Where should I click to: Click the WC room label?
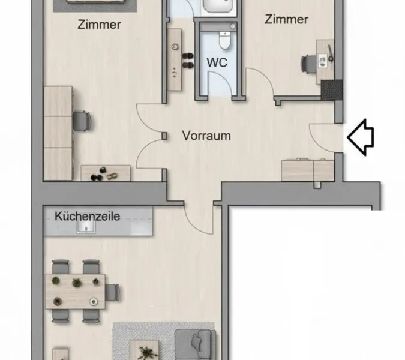click(x=217, y=62)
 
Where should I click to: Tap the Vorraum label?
click(x=206, y=136)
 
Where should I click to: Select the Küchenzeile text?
click(x=88, y=216)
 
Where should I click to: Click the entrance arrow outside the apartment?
click(x=361, y=137)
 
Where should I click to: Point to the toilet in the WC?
click(x=224, y=40)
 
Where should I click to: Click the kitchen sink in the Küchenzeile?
click(x=86, y=227)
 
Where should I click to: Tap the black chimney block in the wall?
click(x=332, y=90)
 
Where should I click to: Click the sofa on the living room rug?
click(x=196, y=345)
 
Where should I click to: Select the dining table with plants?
click(x=75, y=292)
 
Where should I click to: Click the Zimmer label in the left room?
click(x=99, y=25)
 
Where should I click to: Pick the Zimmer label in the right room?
click(x=286, y=20)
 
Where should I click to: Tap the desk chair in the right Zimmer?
click(x=308, y=64)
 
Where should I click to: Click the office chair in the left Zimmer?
click(x=82, y=121)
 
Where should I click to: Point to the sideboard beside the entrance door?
click(x=307, y=170)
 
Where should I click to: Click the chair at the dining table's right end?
click(x=112, y=292)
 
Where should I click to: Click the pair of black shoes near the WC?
click(x=188, y=61)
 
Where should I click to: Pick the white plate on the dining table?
click(x=93, y=301)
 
